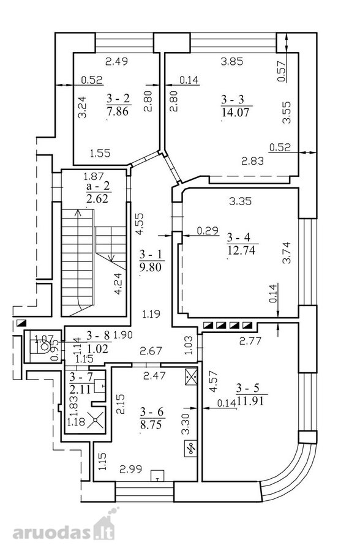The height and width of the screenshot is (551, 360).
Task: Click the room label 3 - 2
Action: pos(118,99)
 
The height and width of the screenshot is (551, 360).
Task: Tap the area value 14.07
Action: pos(236,113)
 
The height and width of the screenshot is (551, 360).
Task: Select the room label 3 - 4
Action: pos(238,237)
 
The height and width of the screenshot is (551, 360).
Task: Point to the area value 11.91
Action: pos(250,400)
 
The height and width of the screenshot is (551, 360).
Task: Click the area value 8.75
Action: pos(151,424)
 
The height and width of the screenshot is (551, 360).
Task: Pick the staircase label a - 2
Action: pos(98,186)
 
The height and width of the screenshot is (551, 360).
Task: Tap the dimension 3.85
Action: pos(231,61)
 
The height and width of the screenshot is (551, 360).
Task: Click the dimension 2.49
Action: pos(117,61)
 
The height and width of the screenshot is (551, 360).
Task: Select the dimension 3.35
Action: pos(240,201)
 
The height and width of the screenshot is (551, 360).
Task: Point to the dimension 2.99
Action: pos(131,469)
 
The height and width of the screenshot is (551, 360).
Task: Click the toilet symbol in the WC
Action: pos(44,346)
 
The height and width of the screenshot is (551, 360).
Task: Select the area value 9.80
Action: pos(151,267)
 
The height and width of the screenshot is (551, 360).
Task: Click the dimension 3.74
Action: pos(287,252)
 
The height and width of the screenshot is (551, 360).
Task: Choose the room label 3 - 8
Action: pos(99,336)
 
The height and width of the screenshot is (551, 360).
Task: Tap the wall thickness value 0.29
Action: pos(208,231)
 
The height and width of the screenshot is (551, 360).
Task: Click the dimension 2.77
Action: pos(250,340)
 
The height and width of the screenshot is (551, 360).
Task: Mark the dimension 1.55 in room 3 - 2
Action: pos(100,153)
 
